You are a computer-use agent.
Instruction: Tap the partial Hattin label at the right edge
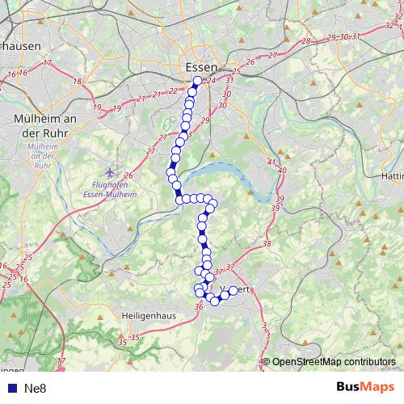pyautogui.click(x=391, y=175)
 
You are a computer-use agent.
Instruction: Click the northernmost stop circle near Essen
pyautogui.click(x=197, y=81)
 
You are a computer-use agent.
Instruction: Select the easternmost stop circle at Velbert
pyautogui.click(x=234, y=290)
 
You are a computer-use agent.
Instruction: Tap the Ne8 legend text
pyautogui.click(x=36, y=388)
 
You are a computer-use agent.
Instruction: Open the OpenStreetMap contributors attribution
pyautogui.click(x=333, y=363)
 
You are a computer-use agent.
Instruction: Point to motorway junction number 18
pyautogui.click(x=78, y=81)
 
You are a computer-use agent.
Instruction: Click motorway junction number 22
pyautogui.click(x=171, y=91)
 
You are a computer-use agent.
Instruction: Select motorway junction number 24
pyautogui.click(x=212, y=80)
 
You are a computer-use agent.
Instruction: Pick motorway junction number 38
pyautogui.click(x=267, y=244)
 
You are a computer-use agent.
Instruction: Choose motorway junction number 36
pyautogui.click(x=199, y=305)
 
